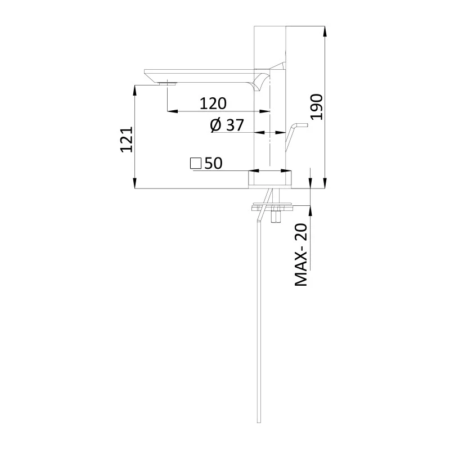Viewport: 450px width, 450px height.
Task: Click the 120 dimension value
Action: [x=213, y=103]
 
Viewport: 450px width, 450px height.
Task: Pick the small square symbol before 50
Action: [x=196, y=163]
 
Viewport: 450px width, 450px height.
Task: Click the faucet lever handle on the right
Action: [x=294, y=133]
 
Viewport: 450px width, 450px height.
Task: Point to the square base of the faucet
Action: [x=271, y=179]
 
